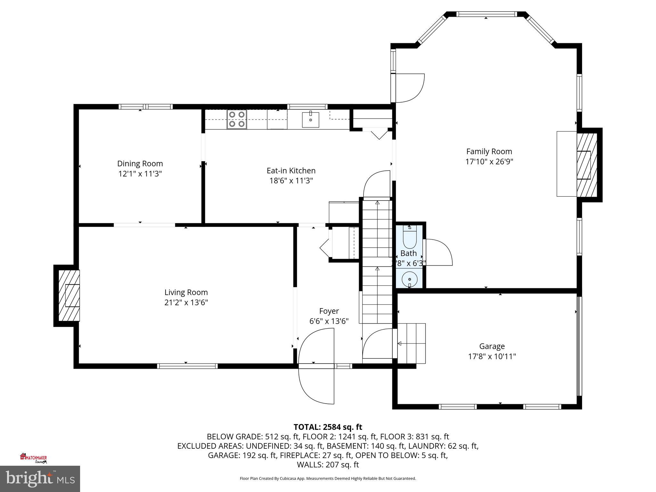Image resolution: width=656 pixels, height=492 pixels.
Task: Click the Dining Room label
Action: click(140, 164)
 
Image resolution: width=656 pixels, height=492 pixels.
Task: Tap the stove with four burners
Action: click(237, 119)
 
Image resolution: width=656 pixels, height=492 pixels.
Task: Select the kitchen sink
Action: click(310, 120)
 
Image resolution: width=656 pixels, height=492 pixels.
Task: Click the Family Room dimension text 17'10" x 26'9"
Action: click(489, 161)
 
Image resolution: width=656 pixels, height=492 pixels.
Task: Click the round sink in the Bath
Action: click(410, 279)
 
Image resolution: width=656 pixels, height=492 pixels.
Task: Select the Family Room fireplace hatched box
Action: click(587, 165)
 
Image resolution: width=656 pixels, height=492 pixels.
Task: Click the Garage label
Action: click(492, 346)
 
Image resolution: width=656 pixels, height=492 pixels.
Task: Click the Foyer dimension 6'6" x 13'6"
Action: click(329, 321)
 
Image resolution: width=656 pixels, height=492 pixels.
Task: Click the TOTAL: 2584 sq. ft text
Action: click(328, 427)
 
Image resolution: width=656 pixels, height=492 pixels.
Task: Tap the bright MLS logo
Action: click(40, 479)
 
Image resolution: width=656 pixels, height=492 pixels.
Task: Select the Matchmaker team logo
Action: click(34, 458)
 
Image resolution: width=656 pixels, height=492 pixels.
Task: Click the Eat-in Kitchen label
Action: click(291, 171)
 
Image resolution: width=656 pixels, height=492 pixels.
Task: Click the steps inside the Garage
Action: click(412, 343)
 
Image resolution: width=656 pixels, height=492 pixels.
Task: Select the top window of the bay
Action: click(486, 14)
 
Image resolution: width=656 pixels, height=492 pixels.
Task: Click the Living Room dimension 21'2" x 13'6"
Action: click(186, 303)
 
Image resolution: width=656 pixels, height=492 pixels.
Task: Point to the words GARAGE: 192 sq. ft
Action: click(242, 455)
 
